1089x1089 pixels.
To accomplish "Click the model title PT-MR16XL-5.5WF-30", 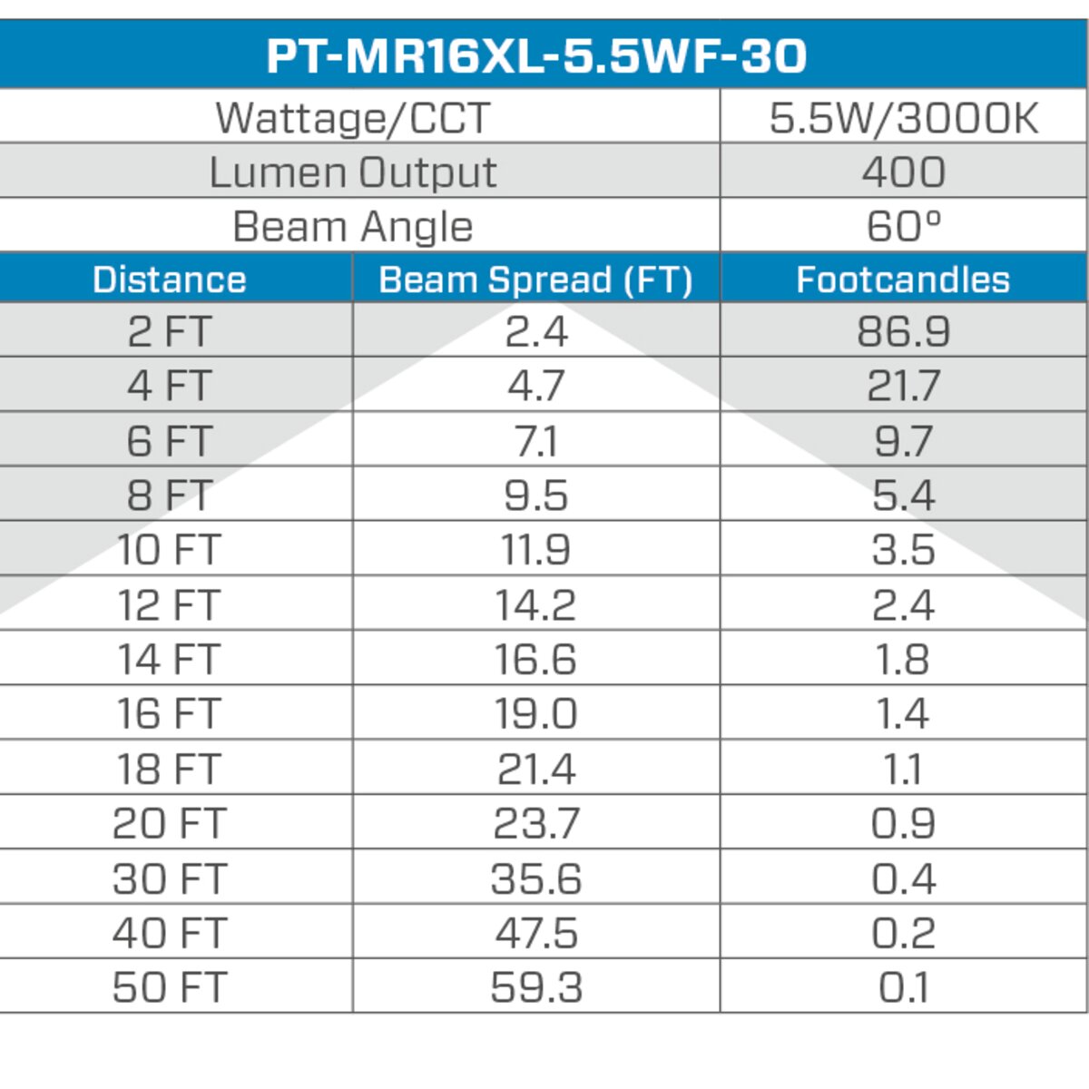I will pos(537,54).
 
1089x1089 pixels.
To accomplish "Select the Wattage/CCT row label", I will pos(352,118).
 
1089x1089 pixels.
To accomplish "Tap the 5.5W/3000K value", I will pos(903,118).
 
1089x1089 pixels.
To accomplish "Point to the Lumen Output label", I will pos(352,172).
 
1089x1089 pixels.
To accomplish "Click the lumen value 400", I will pos(903,172).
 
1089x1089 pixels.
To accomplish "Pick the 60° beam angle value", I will pos(903,226).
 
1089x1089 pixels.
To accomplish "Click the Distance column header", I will pos(170,280).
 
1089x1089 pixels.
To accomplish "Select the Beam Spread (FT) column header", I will pos(535,280).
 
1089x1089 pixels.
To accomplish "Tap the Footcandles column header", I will pos(903,280).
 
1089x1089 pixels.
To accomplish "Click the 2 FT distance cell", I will pos(170,331).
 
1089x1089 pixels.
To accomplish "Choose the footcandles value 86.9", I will pos(903,331).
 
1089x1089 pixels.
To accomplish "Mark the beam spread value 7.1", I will pos(535,441).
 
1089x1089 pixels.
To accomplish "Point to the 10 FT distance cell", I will pos(170,550).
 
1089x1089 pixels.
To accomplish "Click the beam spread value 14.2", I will pos(535,605).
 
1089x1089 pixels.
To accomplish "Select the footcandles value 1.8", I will pos(903,660).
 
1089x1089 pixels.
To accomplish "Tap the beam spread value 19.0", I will pos(535,714).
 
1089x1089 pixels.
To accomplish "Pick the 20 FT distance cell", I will pos(170,824).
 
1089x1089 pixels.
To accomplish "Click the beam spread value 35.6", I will pos(535,878).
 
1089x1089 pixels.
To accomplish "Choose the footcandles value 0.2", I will pos(903,933).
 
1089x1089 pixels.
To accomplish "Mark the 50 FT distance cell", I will pos(170,987).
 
